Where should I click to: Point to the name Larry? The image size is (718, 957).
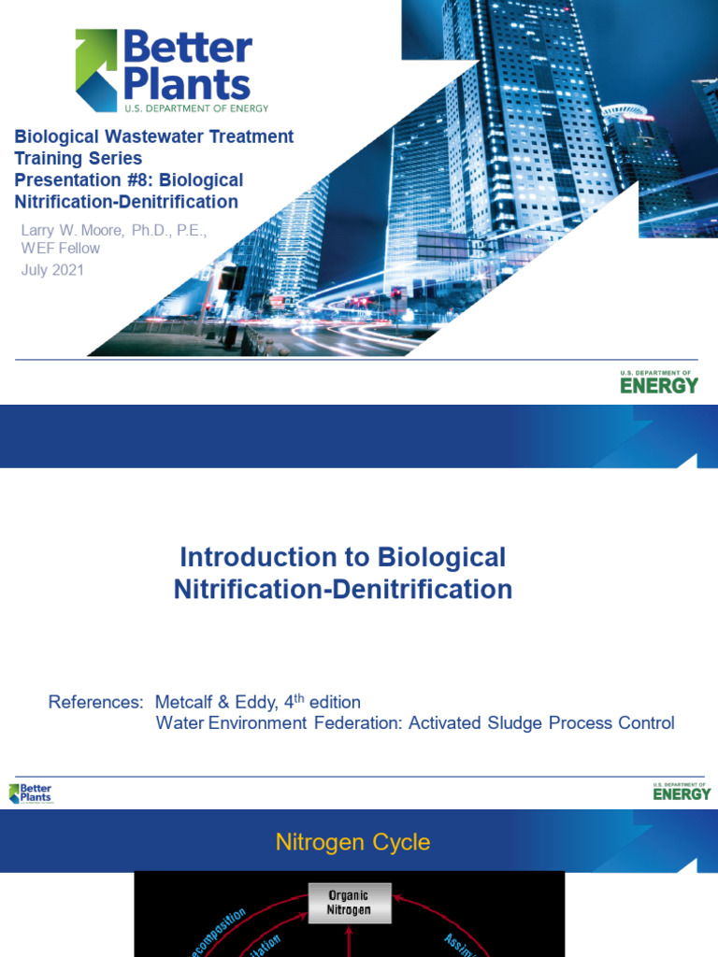point(40,230)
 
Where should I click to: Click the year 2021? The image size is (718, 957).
point(68,270)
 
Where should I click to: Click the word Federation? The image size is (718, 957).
point(355,722)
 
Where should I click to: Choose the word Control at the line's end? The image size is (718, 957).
point(642,722)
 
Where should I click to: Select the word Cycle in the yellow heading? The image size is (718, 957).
point(398,842)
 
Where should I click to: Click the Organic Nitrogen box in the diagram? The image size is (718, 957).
point(348,902)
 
